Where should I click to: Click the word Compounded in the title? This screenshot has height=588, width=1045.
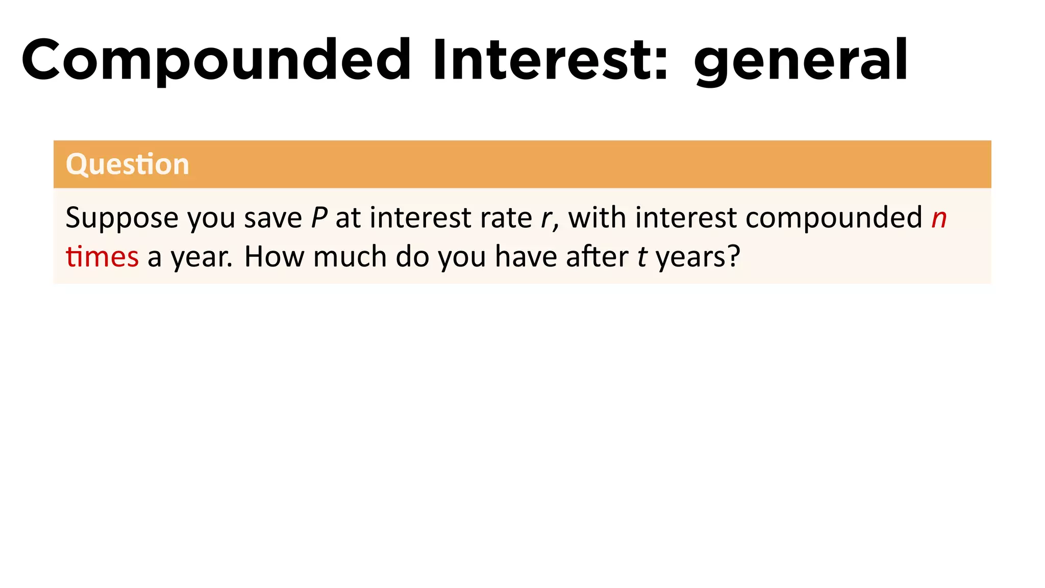coord(216,60)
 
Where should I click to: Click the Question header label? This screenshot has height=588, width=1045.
coord(128,164)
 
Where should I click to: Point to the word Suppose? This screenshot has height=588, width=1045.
coord(122,218)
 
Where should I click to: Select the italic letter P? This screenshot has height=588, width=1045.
coord(319,218)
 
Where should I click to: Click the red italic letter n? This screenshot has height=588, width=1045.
coord(939,218)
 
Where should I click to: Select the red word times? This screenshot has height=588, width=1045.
coord(102,257)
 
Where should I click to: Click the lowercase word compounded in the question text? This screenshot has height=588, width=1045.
coord(834,218)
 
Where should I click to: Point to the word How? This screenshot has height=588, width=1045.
coord(273,257)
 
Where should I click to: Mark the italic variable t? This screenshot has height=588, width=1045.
coord(642,257)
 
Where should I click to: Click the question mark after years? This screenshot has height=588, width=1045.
coord(734,257)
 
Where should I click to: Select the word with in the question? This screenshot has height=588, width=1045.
coord(597,218)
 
